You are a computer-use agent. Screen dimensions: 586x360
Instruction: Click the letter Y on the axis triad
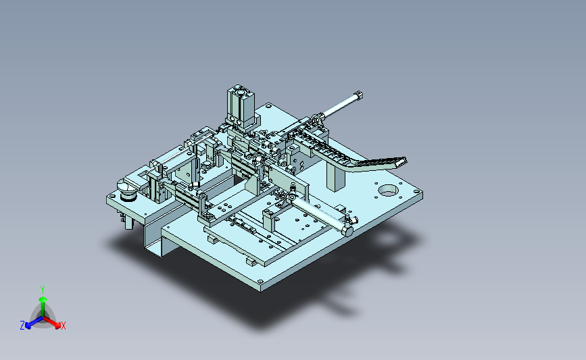coord(43,290)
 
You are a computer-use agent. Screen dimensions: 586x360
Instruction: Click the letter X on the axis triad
coord(63,326)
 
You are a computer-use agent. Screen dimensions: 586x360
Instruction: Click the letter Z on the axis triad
coord(22,326)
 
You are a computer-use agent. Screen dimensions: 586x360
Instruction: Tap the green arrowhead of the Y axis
coord(43,299)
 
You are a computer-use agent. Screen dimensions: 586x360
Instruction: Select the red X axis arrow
coord(51,322)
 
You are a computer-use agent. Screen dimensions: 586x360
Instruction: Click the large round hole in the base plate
coord(389,190)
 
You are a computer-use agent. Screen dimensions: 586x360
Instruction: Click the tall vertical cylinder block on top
coord(241,105)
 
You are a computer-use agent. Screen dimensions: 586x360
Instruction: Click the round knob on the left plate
coord(128,189)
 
